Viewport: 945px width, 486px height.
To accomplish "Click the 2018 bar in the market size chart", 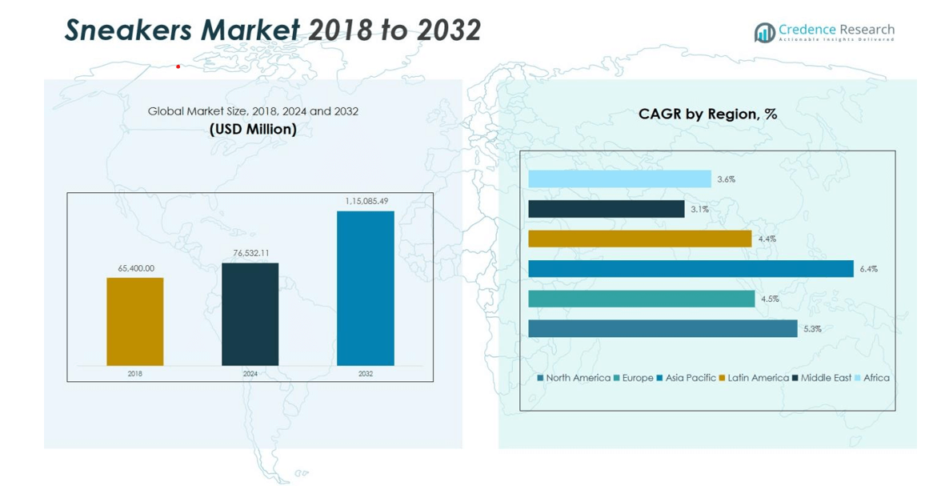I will tap(134, 322).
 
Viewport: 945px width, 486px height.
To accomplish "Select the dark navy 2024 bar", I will tap(250, 314).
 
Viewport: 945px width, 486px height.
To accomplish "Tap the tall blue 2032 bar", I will tap(365, 288).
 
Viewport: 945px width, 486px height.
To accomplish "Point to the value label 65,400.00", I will tap(136, 269).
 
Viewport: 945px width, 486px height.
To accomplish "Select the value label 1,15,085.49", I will tap(366, 202).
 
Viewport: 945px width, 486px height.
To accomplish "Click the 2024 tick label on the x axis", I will tap(250, 374).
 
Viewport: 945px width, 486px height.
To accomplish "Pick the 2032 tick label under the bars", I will tap(365, 374).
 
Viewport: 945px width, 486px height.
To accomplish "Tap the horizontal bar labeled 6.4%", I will tap(691, 269).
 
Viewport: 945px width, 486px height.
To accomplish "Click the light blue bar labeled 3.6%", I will tap(619, 179).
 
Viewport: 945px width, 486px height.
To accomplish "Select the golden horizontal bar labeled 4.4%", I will tap(639, 239).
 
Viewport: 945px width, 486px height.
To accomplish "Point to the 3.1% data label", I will tap(699, 210).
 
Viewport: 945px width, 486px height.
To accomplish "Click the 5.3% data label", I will tap(812, 329).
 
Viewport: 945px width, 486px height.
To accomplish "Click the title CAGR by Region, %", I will tap(707, 114).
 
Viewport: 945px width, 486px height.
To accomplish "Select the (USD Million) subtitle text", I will tap(253, 129).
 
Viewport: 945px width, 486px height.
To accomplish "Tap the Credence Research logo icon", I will tap(765, 32).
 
